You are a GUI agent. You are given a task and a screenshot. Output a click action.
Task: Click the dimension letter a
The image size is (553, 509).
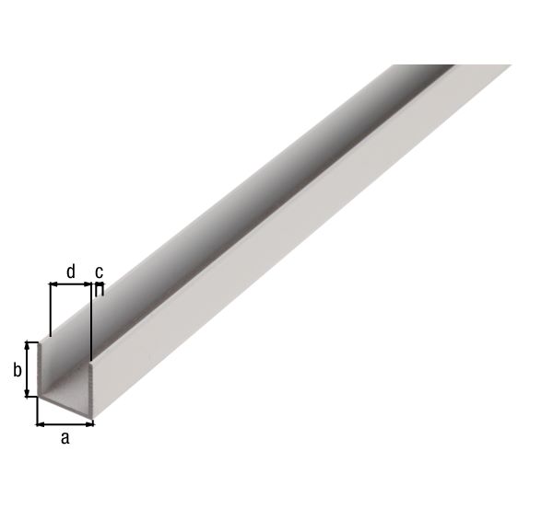coord(65,439)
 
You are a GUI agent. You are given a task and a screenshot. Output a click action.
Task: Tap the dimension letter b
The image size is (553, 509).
coord(17,370)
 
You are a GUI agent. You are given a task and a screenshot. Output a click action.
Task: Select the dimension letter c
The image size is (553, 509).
coord(100,272)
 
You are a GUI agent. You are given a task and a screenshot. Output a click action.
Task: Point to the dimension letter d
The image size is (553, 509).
coord(71,272)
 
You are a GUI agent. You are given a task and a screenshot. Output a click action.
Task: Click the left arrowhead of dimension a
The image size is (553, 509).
coord(40,425)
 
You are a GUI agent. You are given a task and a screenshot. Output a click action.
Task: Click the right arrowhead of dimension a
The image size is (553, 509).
coord(90,425)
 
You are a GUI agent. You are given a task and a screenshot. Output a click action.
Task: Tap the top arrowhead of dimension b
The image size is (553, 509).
coord(27,345)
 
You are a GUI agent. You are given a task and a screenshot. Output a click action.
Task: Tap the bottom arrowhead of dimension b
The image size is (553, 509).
coord(27,392)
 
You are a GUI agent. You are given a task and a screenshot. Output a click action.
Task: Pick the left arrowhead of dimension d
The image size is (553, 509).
coord(53,283)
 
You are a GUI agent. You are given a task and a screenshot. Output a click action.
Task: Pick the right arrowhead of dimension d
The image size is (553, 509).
coord(88,283)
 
